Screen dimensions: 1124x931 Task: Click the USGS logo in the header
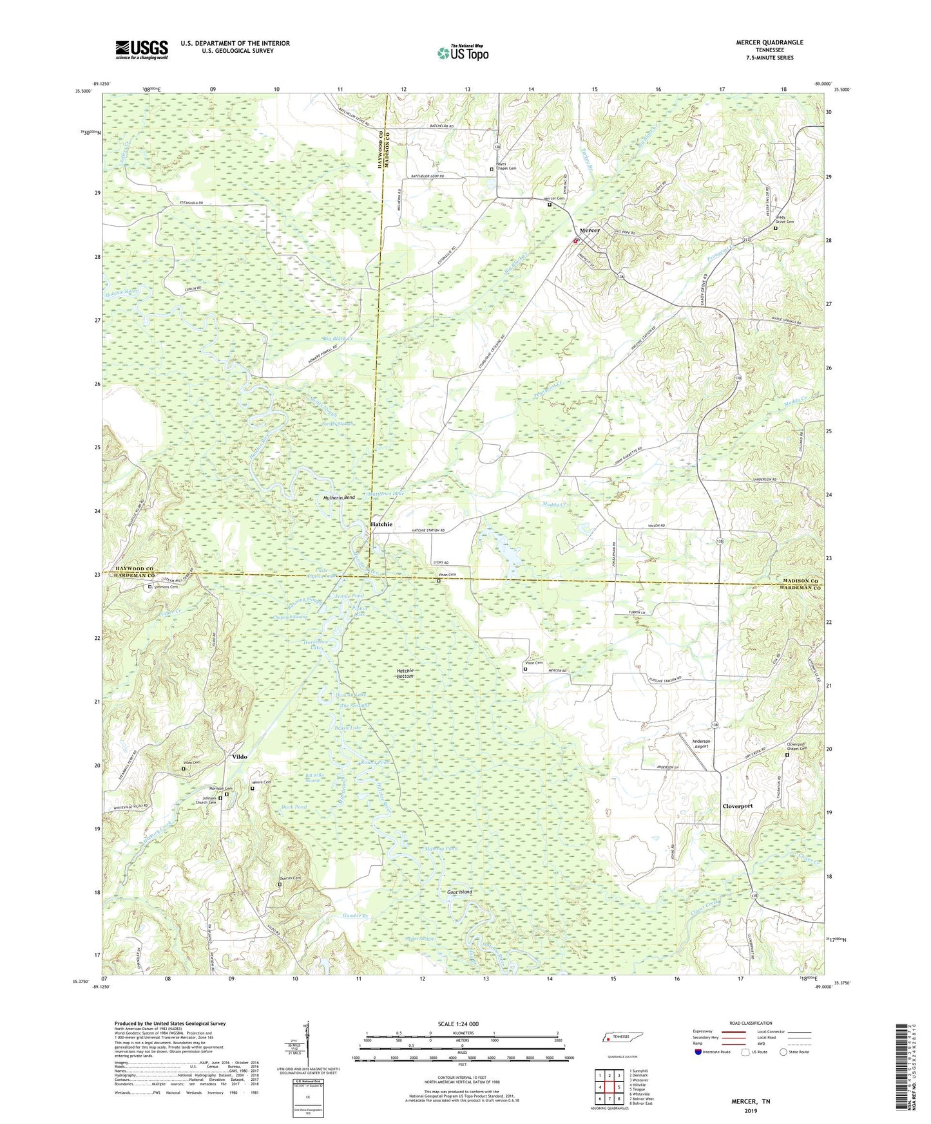coord(142,49)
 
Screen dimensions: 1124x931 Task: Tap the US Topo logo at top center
coord(462,53)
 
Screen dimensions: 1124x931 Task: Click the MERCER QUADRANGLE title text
coord(769,42)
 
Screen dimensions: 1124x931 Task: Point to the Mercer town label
coord(590,230)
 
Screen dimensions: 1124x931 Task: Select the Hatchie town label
coord(381,525)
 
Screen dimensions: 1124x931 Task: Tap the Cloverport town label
coord(737,806)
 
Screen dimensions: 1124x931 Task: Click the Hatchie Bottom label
coord(405,673)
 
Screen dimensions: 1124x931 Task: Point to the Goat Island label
coord(459,892)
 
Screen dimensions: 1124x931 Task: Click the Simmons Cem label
coord(166,587)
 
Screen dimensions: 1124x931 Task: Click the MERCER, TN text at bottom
coord(750,1101)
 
